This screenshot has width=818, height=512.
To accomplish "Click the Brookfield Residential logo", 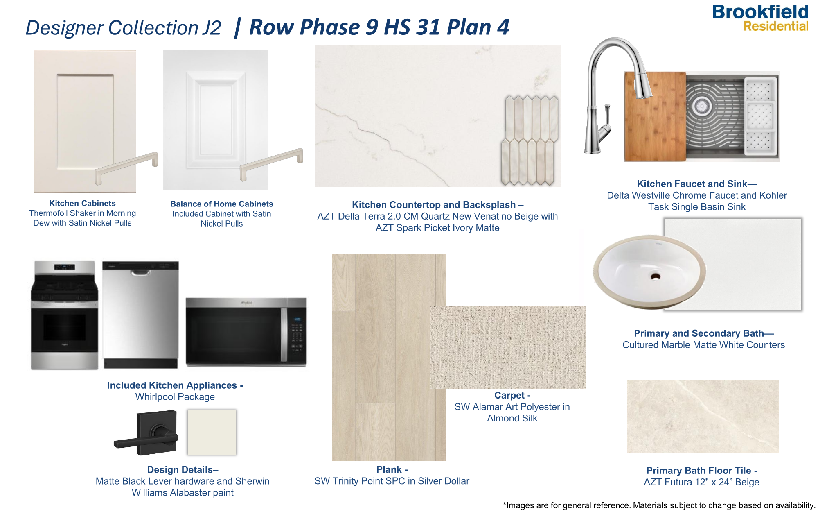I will click(x=760, y=18).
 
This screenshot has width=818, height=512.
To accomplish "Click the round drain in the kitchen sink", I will click(x=701, y=106).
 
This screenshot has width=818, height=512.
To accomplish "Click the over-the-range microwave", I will click(x=246, y=331).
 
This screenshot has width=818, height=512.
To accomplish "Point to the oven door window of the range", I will click(x=64, y=327).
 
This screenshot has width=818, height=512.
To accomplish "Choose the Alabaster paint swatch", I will click(x=212, y=432).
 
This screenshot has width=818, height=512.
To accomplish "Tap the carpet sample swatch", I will click(x=507, y=347).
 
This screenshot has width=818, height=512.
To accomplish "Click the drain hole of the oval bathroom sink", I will click(x=655, y=276).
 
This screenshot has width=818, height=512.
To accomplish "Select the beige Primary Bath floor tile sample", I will click(x=703, y=416).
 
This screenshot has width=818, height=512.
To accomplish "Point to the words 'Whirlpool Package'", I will click(x=175, y=397).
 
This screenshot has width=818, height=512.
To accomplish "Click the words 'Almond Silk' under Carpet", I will click(x=512, y=418).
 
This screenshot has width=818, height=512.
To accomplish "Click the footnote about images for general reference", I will click(x=659, y=505).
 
